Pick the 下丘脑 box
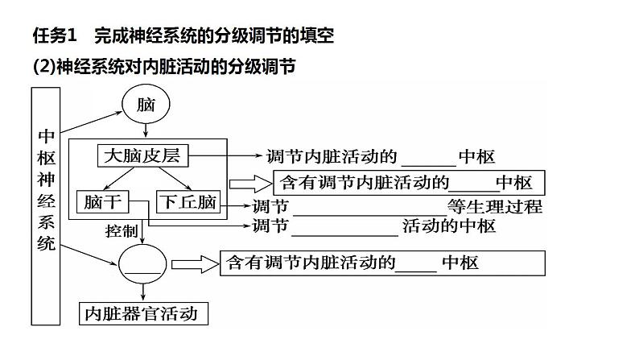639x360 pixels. pos(188,202)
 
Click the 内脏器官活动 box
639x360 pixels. pos(140,313)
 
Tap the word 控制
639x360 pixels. pos(122,231)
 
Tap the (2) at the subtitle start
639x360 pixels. pos(42,68)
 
